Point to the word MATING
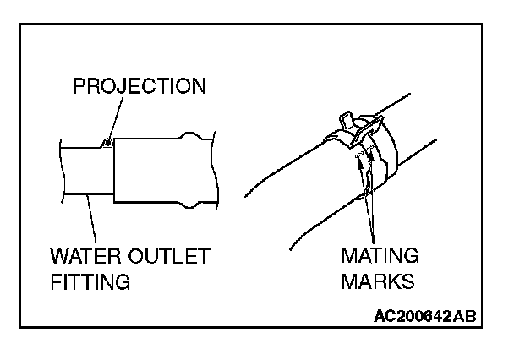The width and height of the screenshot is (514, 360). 380,256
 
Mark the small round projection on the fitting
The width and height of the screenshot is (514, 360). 107,141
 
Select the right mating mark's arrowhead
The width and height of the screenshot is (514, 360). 370,161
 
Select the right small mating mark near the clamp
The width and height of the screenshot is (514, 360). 371,150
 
